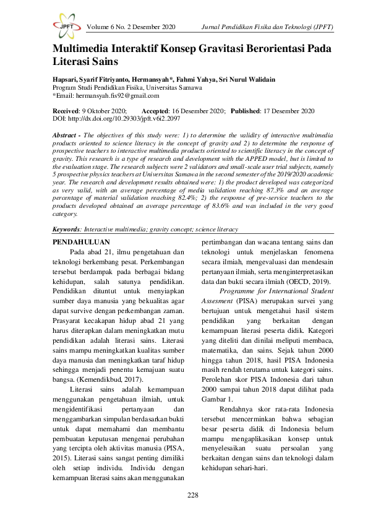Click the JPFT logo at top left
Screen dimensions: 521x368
tap(65, 27)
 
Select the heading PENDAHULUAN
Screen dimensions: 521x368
tap(82, 242)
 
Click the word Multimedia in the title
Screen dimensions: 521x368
tap(85, 50)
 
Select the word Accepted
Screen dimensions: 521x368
tap(160, 110)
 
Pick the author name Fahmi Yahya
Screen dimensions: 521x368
tap(233, 80)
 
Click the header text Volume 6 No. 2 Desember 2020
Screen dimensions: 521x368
tap(132, 27)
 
